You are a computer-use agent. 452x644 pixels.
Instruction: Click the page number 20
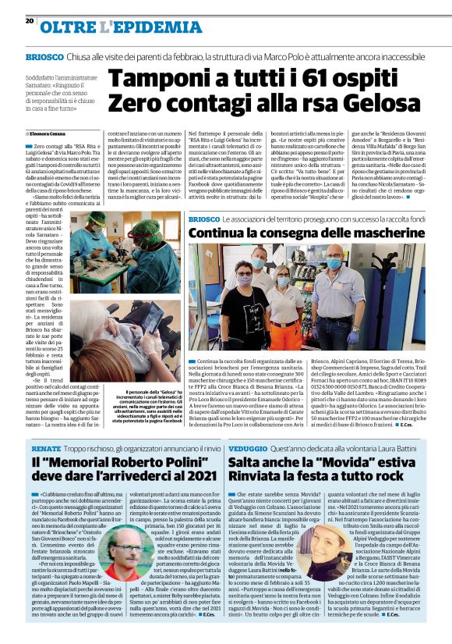pos(30,20)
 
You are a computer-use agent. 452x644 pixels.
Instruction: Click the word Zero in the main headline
pos(132,103)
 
